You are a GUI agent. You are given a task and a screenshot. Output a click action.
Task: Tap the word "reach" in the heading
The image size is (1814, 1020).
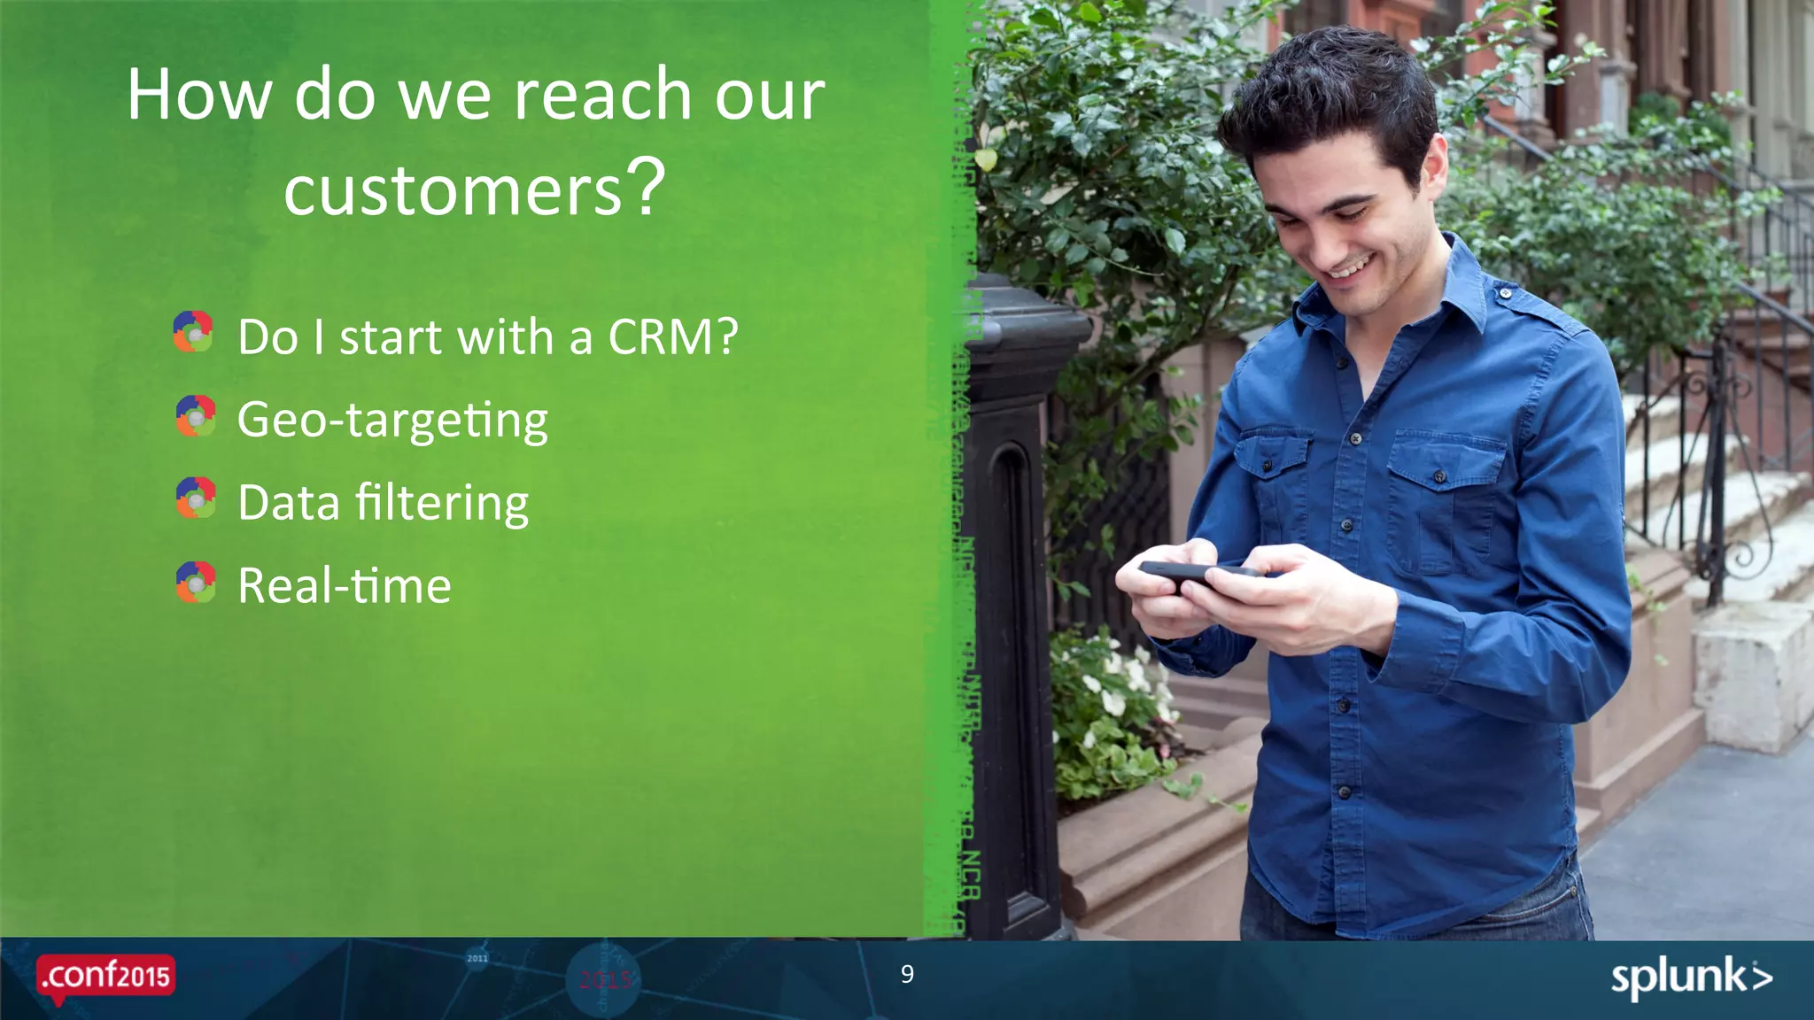coord(602,95)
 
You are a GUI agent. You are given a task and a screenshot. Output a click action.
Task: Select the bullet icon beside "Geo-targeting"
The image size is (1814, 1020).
coord(196,416)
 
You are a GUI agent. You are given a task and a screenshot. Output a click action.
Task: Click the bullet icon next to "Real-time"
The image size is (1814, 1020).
coord(196,583)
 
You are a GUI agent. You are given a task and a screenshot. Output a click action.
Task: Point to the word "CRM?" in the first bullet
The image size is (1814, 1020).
coord(672,337)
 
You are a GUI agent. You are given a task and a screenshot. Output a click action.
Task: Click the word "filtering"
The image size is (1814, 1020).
coord(441,504)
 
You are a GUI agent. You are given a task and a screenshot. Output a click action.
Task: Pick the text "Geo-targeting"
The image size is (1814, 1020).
coord(392,420)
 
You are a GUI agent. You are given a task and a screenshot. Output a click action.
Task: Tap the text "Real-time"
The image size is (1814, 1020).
coord(345,586)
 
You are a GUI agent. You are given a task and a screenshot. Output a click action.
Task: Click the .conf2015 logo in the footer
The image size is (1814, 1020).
coord(105,977)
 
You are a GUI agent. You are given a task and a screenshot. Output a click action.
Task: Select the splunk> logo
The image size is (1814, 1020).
coord(1691,978)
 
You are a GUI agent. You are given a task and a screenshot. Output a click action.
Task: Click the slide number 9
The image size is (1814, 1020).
coord(907,974)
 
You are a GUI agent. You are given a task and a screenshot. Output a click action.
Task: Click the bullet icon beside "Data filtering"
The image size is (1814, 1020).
coord(196,498)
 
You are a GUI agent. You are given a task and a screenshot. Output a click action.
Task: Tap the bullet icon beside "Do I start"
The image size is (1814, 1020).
coord(193,332)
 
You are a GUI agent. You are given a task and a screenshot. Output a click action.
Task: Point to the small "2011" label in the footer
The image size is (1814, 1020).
coord(477,958)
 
